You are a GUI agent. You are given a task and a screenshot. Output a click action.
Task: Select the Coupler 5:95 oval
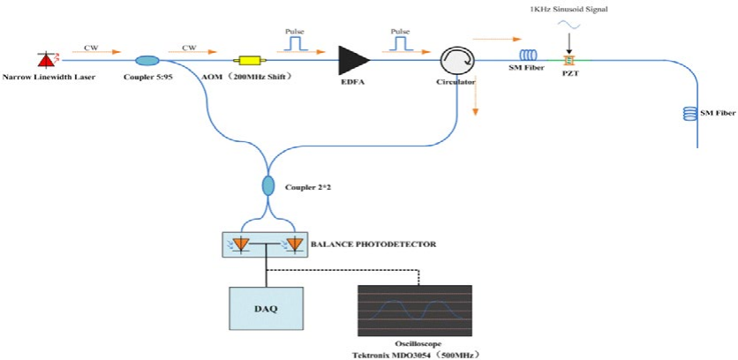(x=147, y=60)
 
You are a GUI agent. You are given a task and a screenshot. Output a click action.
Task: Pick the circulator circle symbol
(x=456, y=60)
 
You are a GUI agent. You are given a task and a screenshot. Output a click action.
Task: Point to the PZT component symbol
(x=569, y=60)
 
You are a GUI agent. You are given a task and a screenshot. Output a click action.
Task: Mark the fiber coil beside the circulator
(x=528, y=59)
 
